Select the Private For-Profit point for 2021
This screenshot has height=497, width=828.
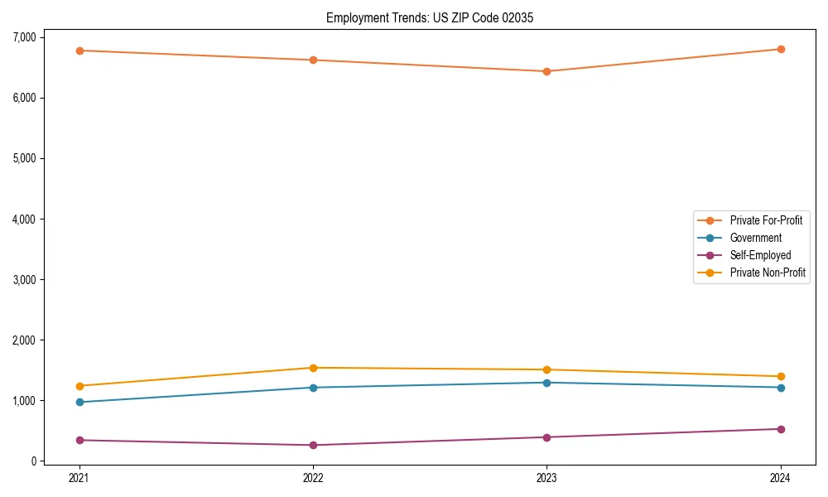(x=79, y=51)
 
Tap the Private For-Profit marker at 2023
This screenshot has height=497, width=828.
(x=546, y=71)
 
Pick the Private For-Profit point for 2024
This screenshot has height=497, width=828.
(x=781, y=49)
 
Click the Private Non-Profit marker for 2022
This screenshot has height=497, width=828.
(x=313, y=368)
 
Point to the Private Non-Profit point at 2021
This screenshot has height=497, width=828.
(x=79, y=386)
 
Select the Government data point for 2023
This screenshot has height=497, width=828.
(x=546, y=383)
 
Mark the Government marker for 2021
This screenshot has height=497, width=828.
(x=79, y=403)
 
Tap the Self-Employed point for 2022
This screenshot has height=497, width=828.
(x=313, y=446)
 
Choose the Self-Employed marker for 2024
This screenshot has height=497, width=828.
(x=781, y=429)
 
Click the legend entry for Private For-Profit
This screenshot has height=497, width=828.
(x=765, y=220)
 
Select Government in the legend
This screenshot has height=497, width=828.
(x=755, y=238)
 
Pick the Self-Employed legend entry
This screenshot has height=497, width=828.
(x=760, y=255)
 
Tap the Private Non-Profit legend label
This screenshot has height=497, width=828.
(x=768, y=273)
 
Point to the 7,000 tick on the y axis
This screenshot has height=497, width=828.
(x=24, y=37)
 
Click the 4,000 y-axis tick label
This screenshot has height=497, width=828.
(x=24, y=220)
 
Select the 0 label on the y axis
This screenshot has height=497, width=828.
(x=34, y=461)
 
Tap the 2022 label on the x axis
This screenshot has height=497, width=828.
(x=313, y=478)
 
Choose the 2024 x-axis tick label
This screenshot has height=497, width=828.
(x=781, y=478)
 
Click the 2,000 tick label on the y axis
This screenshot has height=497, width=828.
(x=24, y=340)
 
